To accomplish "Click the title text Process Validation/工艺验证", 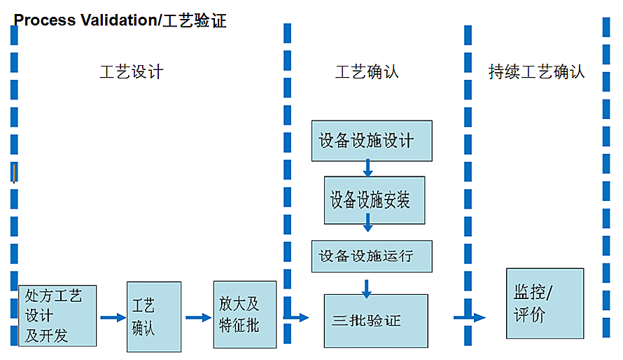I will pos(120,20).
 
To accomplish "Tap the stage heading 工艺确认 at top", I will pos(367,71).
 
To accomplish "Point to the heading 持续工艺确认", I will pos(536,71).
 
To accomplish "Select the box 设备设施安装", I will pos(374,200).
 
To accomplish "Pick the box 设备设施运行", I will pos(372,256).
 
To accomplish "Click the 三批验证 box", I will pos(375,321).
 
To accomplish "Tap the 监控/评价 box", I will pos(545,303).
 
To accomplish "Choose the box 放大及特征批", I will pos(244,314).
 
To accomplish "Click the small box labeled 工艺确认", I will pos(153,317).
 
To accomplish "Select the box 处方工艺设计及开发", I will pos(57,315).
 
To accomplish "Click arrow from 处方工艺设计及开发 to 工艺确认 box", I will pos(112,318).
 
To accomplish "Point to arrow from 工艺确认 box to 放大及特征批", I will pos(198,317).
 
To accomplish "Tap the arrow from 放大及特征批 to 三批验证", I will pos(296,317).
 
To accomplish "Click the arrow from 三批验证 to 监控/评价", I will pos(469,317).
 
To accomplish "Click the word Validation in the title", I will pos(113,20).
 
